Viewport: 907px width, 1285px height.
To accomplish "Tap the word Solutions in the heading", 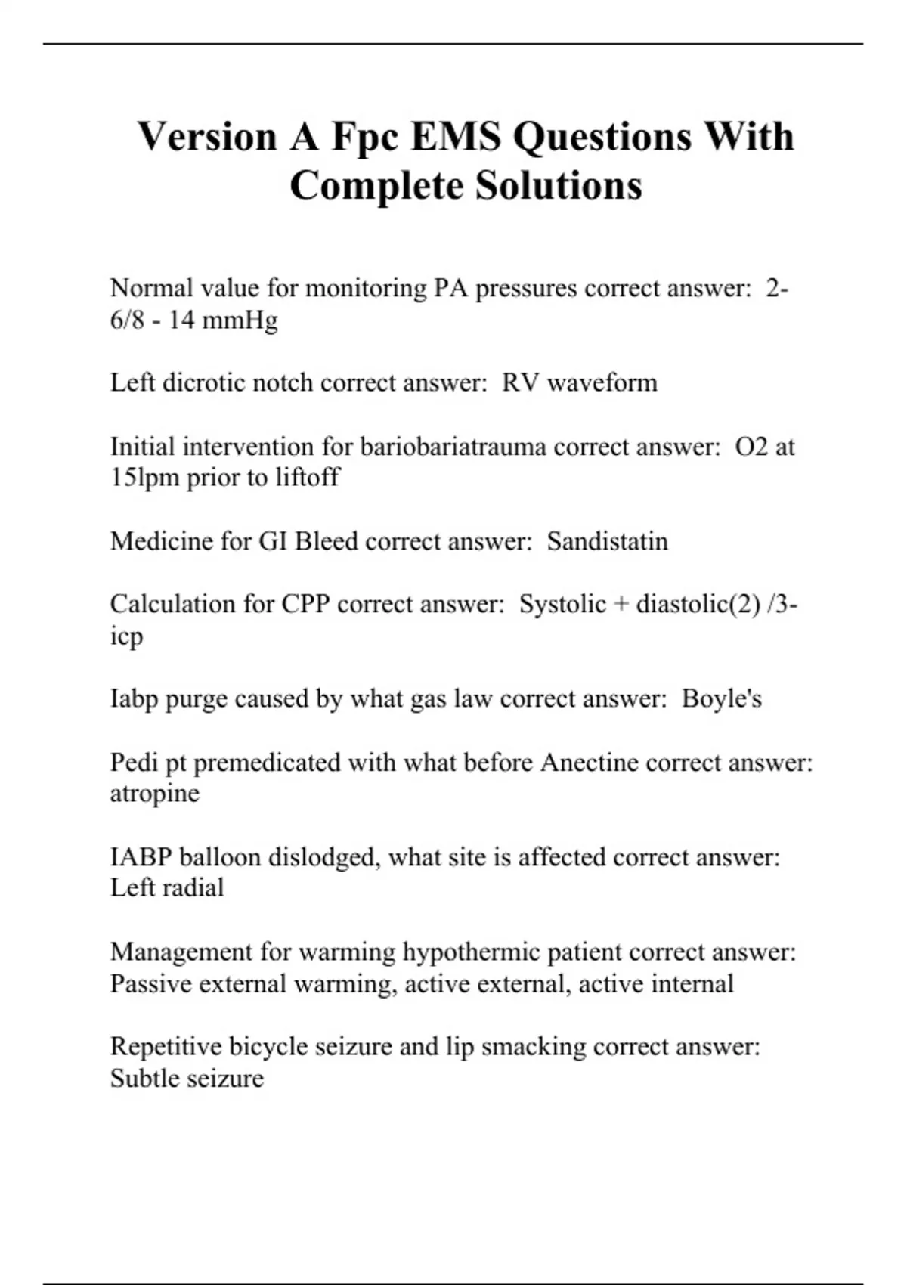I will tap(558, 186).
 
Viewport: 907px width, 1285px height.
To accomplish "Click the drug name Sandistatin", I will tap(607, 541).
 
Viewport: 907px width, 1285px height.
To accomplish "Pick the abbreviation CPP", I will tap(306, 604).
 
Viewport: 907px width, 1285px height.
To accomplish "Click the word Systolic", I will tap(562, 604).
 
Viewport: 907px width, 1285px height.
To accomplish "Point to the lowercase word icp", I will tap(126, 636).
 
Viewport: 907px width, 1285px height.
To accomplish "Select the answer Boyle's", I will tap(721, 698).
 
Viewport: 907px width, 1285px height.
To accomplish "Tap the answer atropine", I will tap(155, 794).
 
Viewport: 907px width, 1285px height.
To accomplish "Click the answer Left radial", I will tap(167, 888).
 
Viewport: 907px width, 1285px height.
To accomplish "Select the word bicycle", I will tap(268, 1047).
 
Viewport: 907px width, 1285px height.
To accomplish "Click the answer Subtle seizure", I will tap(187, 1079).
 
